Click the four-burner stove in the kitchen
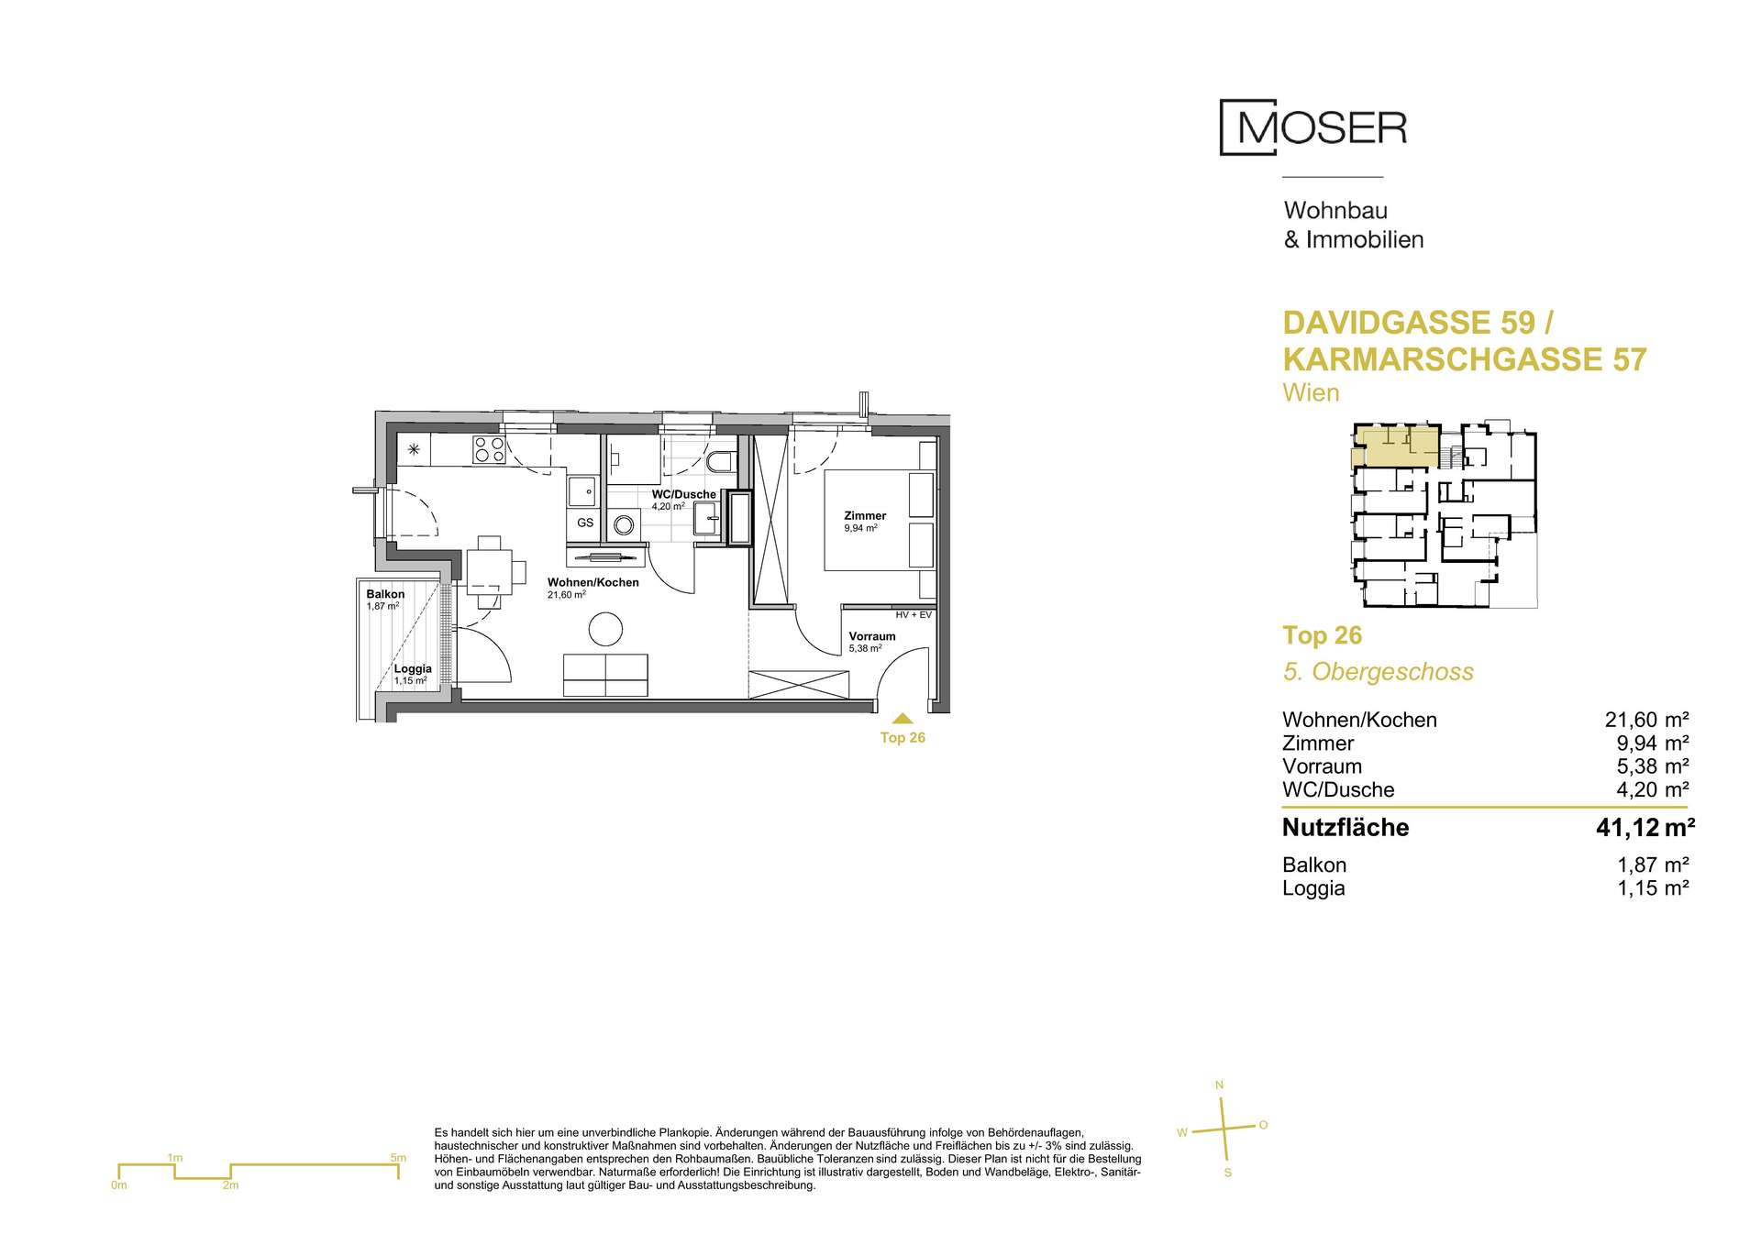[489, 449]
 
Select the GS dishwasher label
[584, 523]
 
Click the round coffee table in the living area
[605, 630]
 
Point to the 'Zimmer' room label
[865, 516]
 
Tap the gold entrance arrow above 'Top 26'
[903, 720]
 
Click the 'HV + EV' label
[914, 615]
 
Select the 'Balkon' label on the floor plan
[385, 594]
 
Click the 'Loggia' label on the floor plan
[413, 669]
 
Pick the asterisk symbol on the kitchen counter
[414, 449]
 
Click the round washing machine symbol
[625, 525]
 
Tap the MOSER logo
[1312, 128]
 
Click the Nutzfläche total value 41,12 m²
[1645, 828]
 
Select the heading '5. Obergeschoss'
[1378, 672]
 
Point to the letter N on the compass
[1219, 1085]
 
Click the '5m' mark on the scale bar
[398, 1158]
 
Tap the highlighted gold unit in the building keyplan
[1396, 446]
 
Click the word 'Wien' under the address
[1311, 393]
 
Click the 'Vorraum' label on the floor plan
[872, 636]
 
